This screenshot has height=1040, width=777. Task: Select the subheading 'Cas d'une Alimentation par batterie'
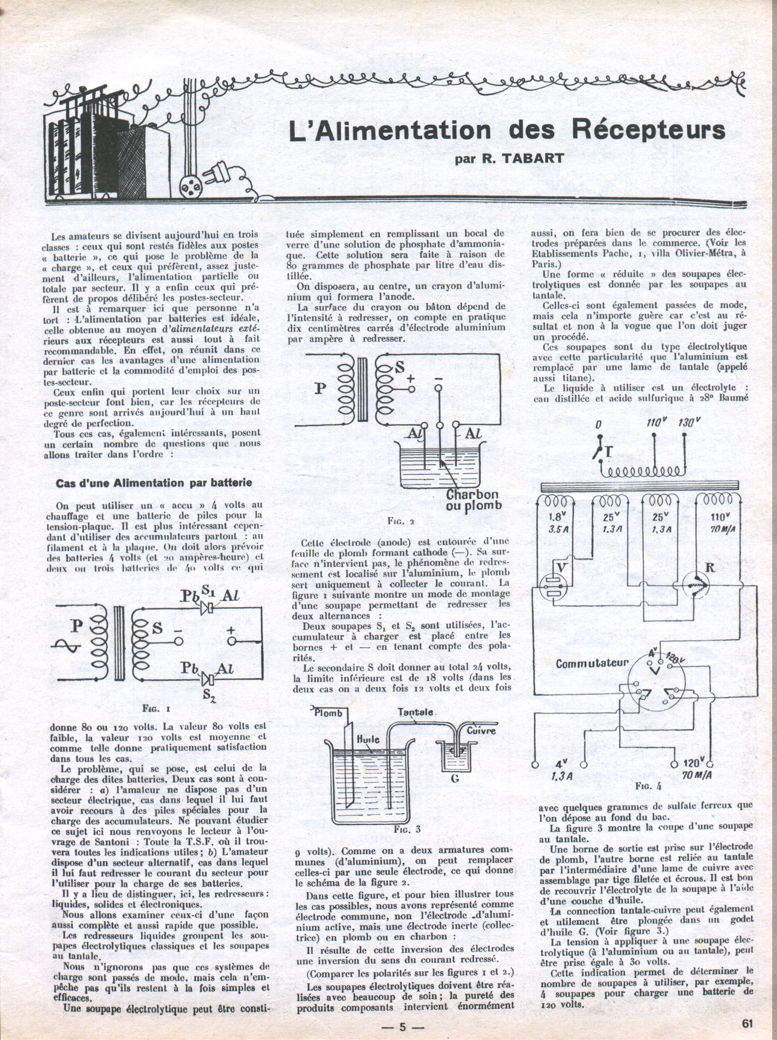point(154,483)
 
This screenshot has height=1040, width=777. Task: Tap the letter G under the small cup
point(455,779)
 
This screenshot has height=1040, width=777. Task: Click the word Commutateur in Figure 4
point(592,664)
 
